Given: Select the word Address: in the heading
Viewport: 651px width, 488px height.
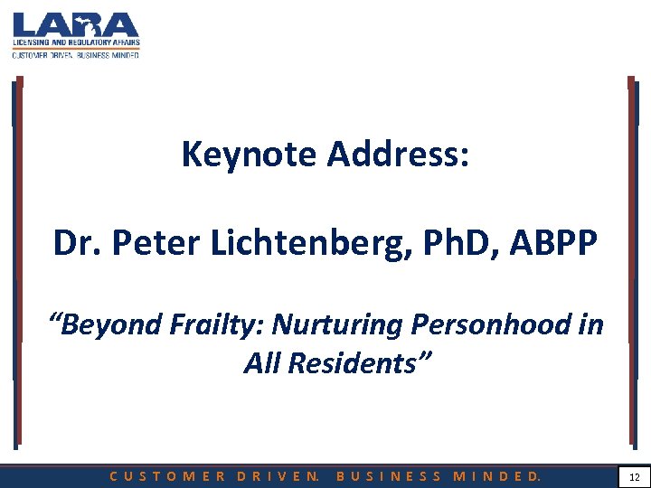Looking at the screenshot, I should (x=399, y=155).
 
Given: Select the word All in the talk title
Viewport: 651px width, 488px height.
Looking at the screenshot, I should (x=262, y=362).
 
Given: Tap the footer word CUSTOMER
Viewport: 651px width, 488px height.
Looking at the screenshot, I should (x=168, y=475).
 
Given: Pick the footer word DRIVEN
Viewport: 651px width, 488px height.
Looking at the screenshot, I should (x=278, y=475).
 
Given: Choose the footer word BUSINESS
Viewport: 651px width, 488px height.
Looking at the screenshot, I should (x=389, y=475).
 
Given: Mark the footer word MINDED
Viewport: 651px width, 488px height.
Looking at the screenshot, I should (x=498, y=475).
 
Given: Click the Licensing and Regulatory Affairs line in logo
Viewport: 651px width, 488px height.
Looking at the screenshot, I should (x=76, y=42).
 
